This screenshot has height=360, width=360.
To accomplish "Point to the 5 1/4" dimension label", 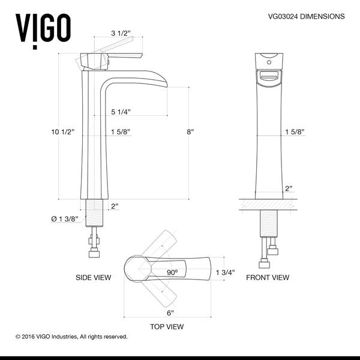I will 121,112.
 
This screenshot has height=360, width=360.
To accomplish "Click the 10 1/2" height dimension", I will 63,132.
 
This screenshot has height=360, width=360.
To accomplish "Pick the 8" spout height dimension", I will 190,132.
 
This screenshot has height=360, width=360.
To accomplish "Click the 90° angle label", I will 172,272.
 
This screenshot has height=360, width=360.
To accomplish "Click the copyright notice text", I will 71,337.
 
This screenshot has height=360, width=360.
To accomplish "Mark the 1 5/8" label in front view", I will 293,132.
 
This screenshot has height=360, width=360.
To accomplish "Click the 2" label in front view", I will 289,188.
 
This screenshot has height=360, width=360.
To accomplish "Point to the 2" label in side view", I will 115,206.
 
